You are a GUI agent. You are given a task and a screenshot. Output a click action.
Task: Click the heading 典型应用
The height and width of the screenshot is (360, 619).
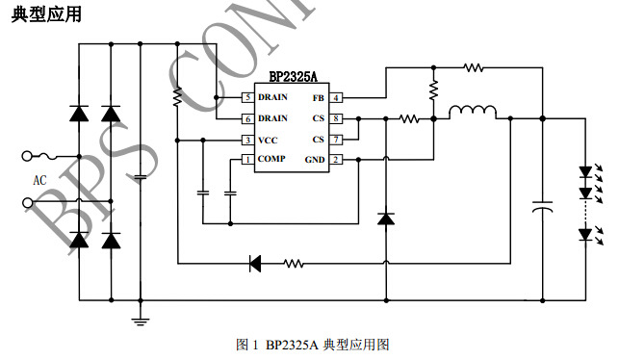tap(46, 13)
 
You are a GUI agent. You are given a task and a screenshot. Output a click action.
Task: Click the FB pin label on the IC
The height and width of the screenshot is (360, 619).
tap(318, 98)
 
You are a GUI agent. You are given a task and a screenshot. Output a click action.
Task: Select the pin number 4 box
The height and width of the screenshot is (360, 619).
tap(336, 98)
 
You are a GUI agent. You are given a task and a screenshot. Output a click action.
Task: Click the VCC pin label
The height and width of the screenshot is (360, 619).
tap(268, 140)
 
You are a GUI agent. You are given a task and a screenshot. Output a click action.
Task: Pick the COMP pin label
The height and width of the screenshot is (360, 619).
tap(271, 160)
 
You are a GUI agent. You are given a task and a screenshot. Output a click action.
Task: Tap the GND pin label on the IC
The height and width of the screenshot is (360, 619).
tap(315, 160)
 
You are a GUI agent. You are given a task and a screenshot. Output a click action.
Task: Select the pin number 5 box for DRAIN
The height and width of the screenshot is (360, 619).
tap(247, 98)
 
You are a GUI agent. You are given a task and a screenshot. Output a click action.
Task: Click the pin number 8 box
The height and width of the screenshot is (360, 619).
tap(336, 118)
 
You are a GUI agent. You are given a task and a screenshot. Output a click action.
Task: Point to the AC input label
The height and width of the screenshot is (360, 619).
tap(39, 180)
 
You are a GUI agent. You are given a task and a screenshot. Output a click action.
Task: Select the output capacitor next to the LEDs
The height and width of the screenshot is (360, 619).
tap(543, 207)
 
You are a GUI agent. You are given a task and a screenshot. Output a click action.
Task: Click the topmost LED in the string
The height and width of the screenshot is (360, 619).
tap(584, 172)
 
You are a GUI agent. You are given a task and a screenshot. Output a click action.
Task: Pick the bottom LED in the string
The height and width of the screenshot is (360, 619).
tap(584, 234)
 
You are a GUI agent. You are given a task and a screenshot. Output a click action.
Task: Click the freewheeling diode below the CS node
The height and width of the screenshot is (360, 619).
tap(386, 219)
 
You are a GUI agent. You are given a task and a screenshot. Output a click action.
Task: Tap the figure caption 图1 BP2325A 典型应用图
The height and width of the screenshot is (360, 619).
tap(312, 344)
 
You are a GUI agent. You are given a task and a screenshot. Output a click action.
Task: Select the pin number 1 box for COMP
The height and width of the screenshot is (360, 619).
tap(247, 160)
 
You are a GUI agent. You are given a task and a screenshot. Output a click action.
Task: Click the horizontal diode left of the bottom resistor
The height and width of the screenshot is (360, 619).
tap(256, 262)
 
